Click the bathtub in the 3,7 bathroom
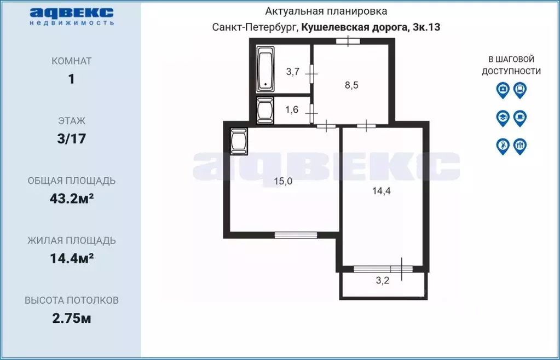point(266,69)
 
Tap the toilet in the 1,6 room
point(265,110)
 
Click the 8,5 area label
point(351,85)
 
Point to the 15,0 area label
point(283,182)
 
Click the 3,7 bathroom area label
point(293,71)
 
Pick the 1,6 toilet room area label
point(292,109)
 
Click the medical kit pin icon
point(503,90)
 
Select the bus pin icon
point(520,90)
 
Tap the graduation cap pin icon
point(503,118)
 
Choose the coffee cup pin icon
point(520,118)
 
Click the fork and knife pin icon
point(520,146)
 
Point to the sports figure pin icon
point(503,146)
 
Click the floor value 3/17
point(71,138)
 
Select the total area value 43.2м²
point(71,198)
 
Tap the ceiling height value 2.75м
point(71,318)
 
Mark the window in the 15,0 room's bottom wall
point(296,235)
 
